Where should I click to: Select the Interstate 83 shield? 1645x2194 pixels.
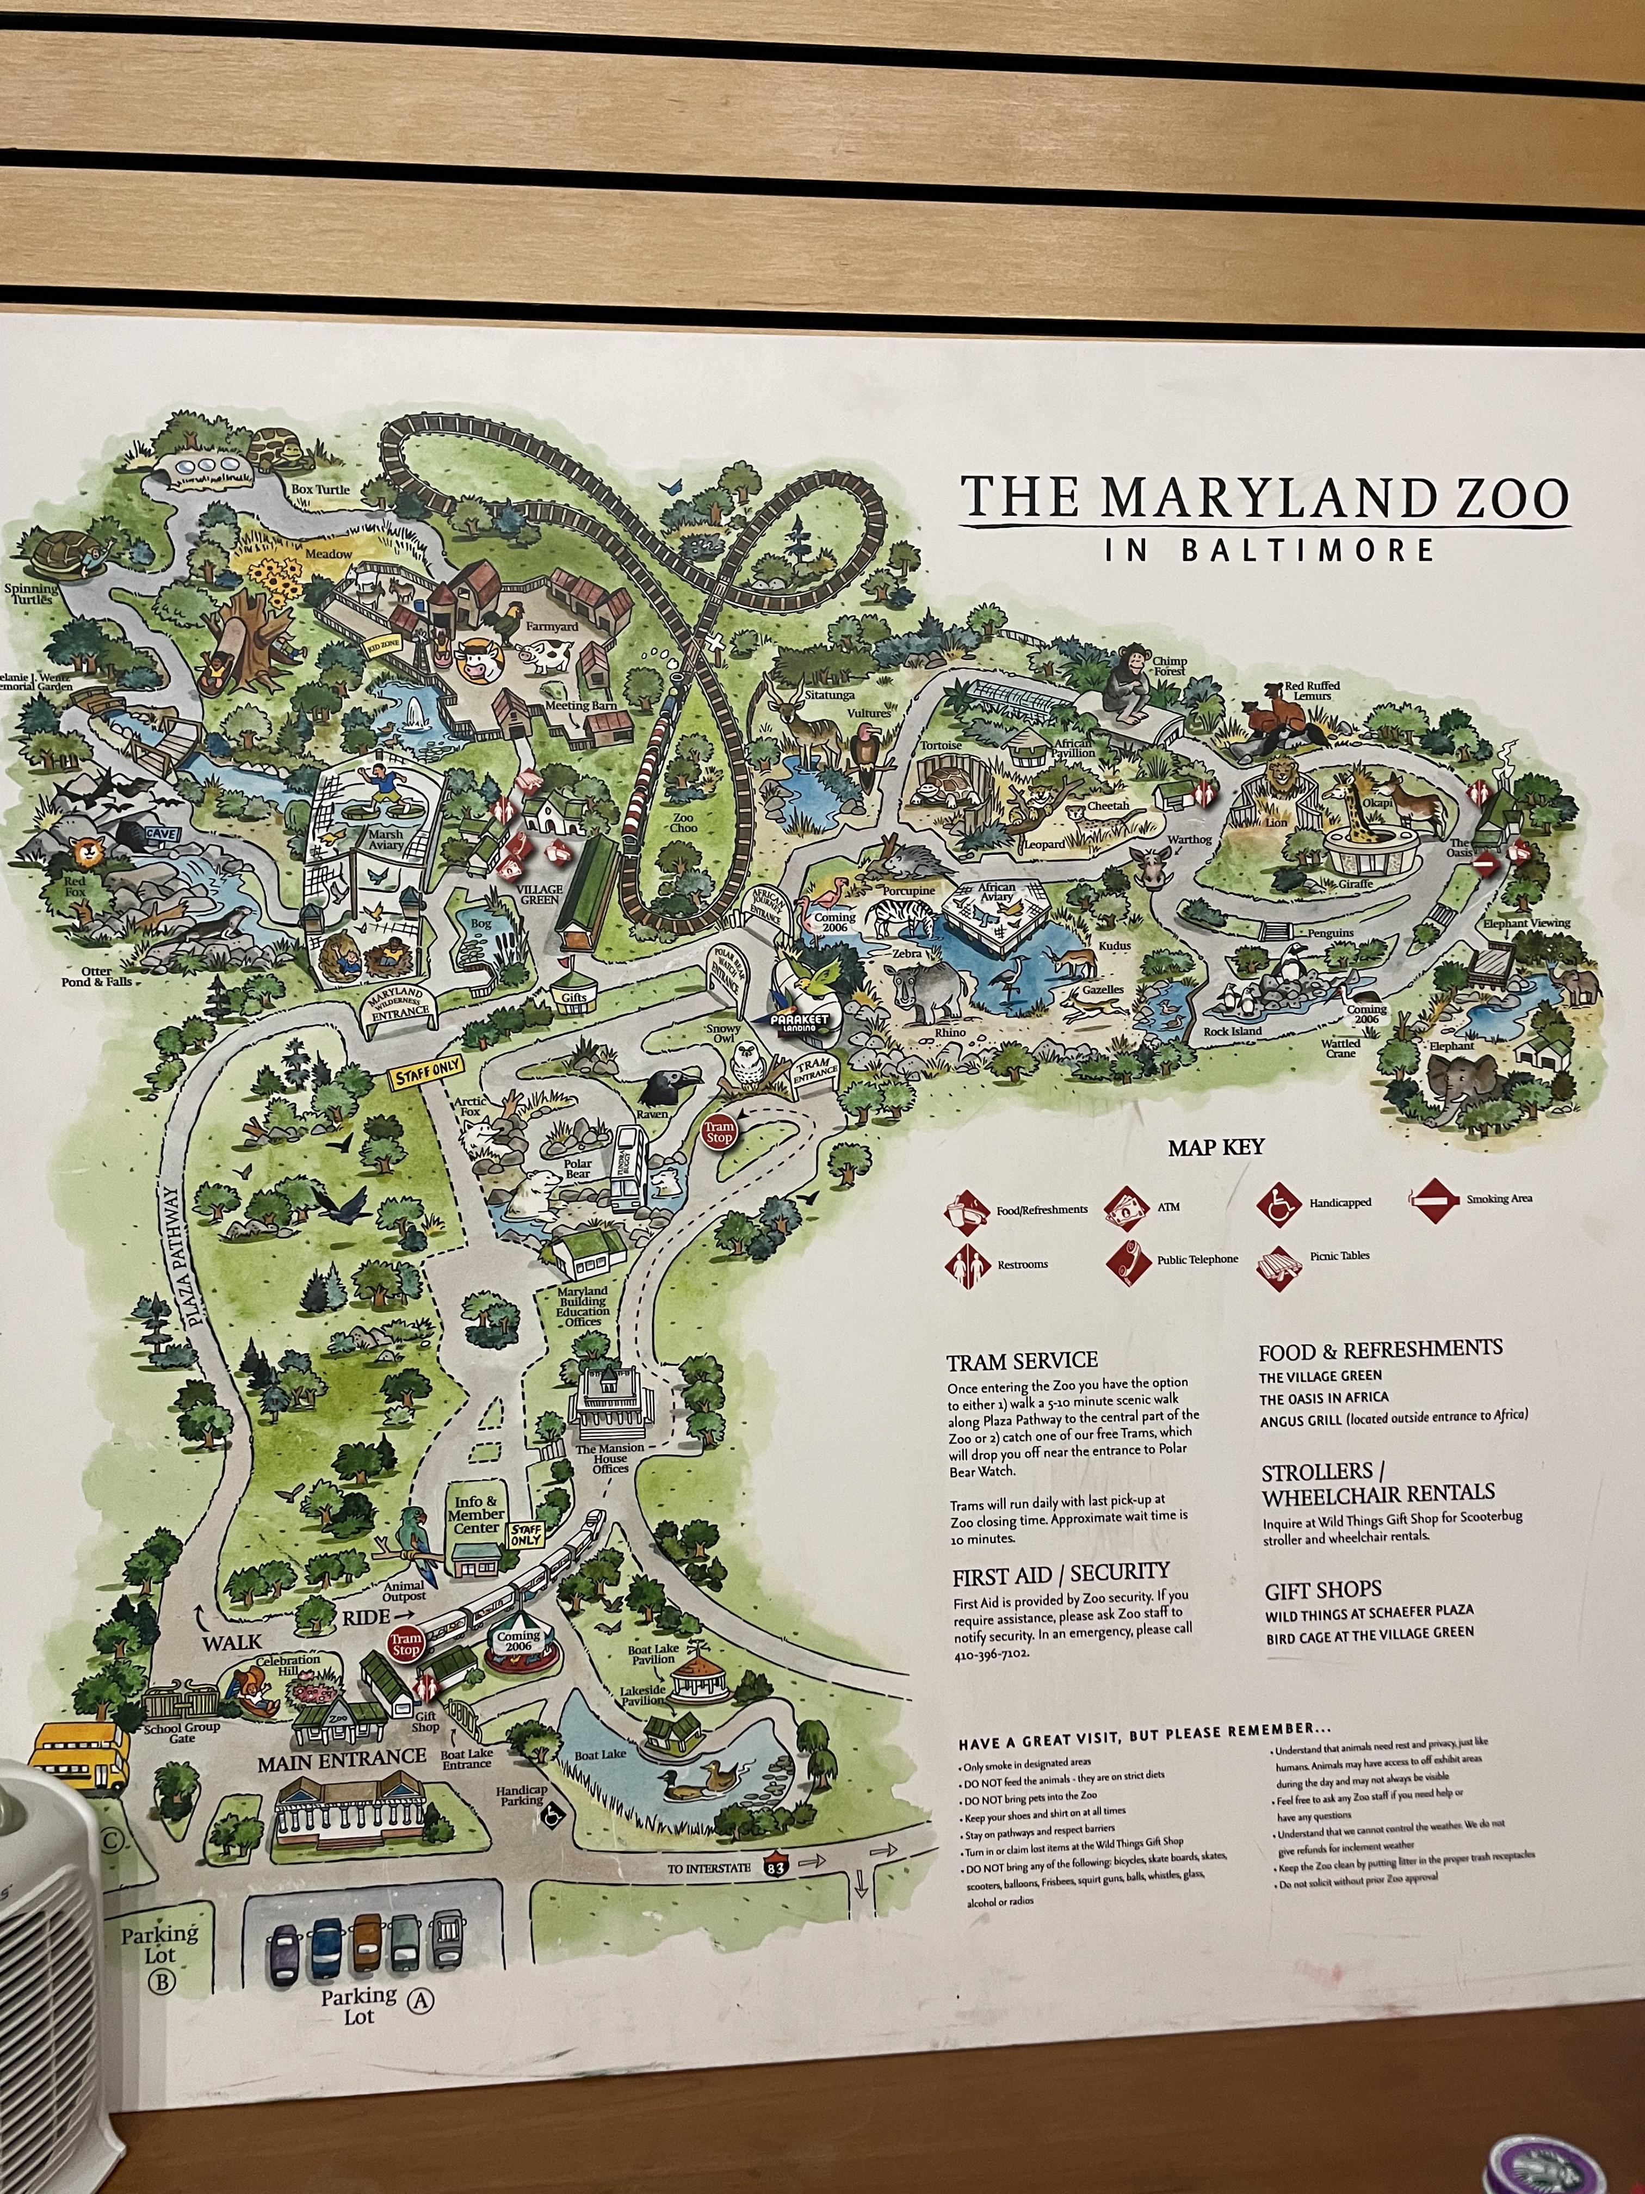(776, 1866)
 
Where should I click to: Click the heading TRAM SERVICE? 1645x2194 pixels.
(1021, 1360)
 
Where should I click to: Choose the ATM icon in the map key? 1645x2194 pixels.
(1124, 1207)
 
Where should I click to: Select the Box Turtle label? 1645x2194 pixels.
(320, 489)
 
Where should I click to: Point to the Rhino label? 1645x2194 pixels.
(950, 1032)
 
